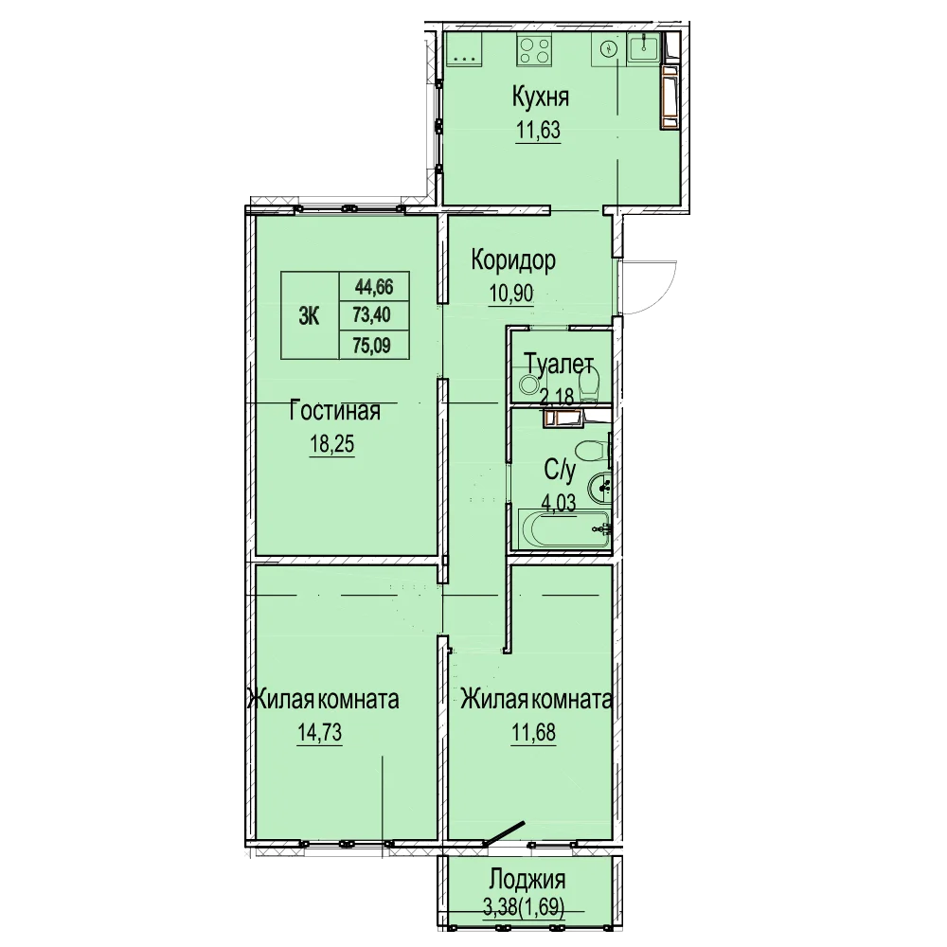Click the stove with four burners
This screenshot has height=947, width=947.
click(x=534, y=49)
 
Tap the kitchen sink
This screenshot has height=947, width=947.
click(x=644, y=47)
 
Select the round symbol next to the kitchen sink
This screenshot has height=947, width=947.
click(x=609, y=47)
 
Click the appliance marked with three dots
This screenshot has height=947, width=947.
click(x=463, y=49)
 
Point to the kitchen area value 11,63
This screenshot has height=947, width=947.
click(x=538, y=131)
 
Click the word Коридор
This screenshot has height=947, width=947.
click(x=513, y=261)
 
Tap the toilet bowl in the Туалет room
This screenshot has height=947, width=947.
click(x=589, y=384)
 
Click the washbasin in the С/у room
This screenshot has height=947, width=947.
click(x=599, y=488)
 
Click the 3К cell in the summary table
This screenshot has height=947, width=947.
click(x=310, y=316)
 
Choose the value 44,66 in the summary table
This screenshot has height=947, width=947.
click(x=374, y=287)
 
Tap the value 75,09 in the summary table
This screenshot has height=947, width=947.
click(x=372, y=346)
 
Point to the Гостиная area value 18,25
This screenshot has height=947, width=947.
click(x=332, y=445)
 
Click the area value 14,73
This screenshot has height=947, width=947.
click(x=319, y=733)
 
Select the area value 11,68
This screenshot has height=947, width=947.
click(x=534, y=733)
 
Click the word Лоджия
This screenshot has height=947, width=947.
click(x=527, y=880)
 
